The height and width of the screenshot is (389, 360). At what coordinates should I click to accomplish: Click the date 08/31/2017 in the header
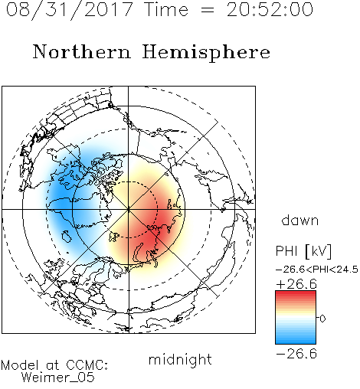(x=70, y=10)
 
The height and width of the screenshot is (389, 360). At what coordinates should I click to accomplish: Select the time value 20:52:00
(x=270, y=10)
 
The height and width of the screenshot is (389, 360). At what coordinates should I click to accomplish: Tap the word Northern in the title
(x=82, y=51)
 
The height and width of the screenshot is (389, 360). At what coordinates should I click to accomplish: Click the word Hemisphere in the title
(x=206, y=53)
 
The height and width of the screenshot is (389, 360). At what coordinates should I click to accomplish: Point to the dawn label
(x=300, y=220)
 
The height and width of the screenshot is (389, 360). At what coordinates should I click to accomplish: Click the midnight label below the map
(x=180, y=360)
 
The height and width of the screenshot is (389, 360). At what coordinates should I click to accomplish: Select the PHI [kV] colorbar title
(x=303, y=250)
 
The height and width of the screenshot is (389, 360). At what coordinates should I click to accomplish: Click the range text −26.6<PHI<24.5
(x=316, y=270)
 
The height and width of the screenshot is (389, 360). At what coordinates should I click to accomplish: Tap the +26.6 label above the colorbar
(x=296, y=284)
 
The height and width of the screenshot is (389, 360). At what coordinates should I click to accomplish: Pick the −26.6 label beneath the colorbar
(x=296, y=354)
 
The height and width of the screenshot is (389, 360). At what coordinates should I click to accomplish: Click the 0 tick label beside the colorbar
(x=322, y=319)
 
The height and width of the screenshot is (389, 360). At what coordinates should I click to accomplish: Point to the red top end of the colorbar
(x=296, y=293)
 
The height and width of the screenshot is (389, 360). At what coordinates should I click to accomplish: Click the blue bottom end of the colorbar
(x=296, y=342)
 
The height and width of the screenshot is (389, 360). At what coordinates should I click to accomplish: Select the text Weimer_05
(x=57, y=378)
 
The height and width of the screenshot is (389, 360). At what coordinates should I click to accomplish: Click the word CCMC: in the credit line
(x=87, y=365)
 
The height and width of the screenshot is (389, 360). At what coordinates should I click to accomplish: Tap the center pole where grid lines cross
(x=129, y=209)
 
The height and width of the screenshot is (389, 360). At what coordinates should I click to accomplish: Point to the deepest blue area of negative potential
(x=60, y=197)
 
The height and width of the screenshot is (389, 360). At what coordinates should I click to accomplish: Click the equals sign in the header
(x=207, y=10)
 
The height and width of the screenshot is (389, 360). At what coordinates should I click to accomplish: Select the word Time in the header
(x=166, y=10)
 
